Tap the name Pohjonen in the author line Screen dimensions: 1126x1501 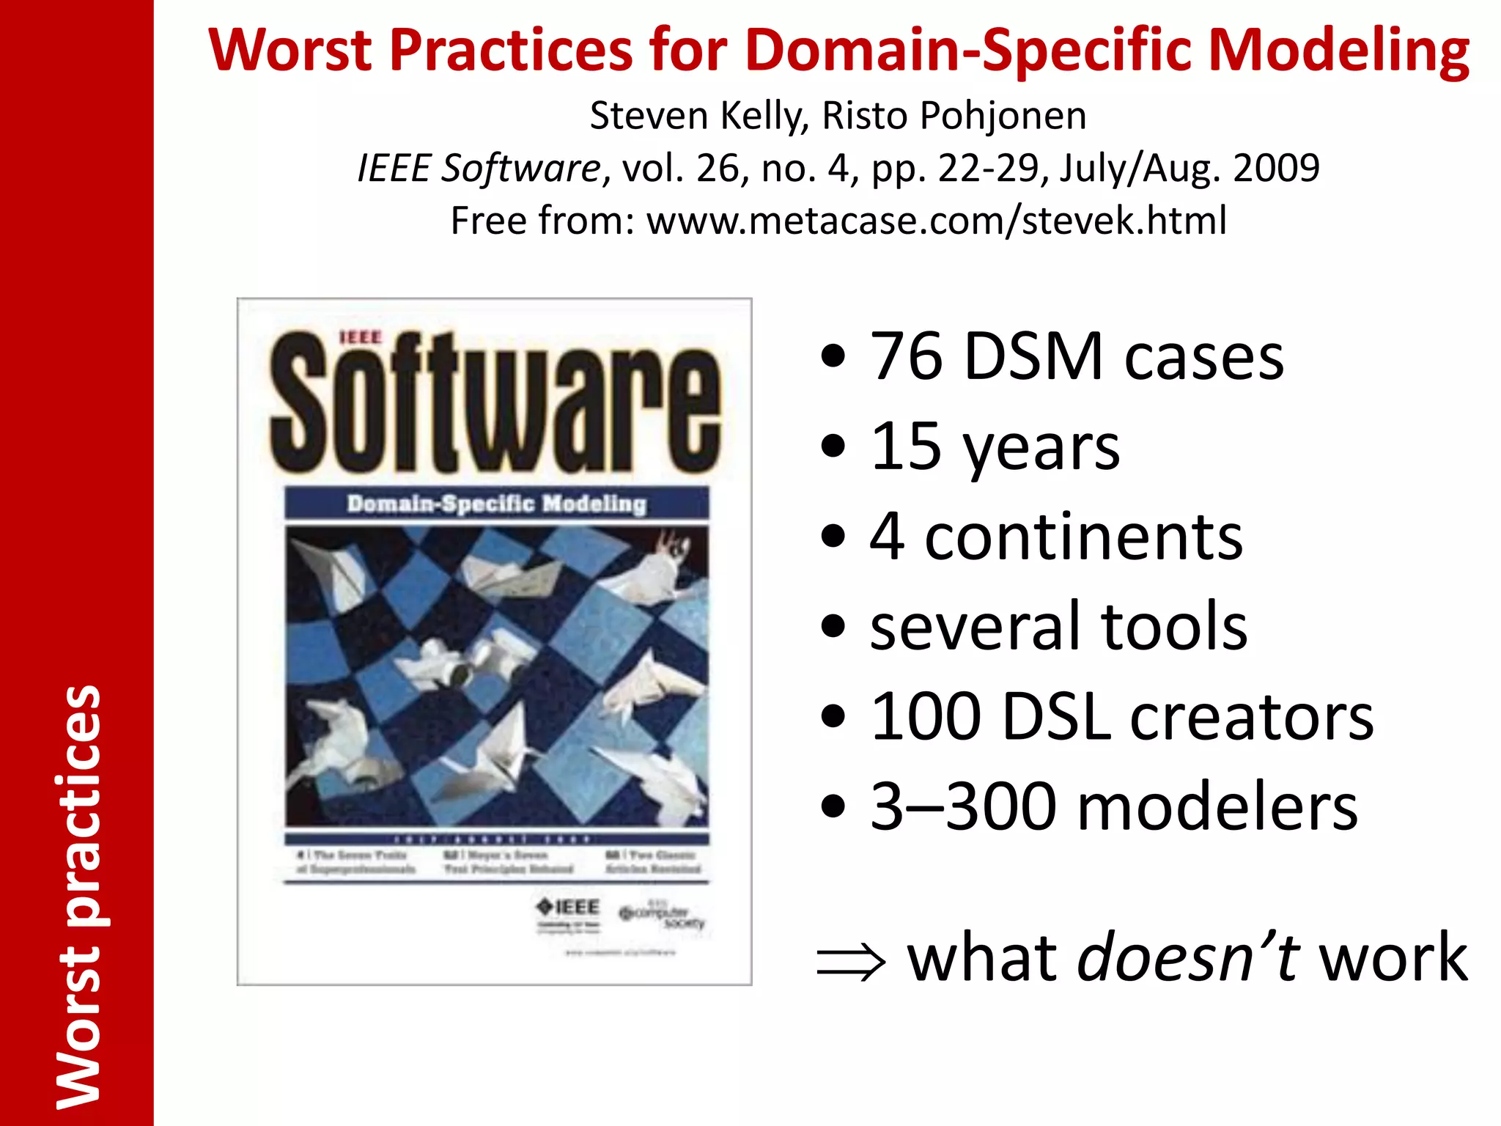pos(1003,116)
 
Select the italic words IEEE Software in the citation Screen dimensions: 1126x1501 pos(479,169)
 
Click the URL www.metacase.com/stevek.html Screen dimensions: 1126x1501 pos(937,221)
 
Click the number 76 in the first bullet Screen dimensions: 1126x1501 pos(906,356)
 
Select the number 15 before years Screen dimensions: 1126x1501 pos(906,446)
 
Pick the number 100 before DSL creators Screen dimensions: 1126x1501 pos(925,716)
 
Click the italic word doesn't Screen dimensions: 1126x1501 pos(1187,957)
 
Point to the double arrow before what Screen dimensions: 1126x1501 pos(851,961)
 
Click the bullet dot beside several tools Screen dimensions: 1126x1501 pos(833,628)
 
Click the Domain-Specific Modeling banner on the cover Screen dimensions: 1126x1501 pos(496,504)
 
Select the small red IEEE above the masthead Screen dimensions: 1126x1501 pos(361,337)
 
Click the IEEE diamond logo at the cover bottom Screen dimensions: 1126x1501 pos(568,907)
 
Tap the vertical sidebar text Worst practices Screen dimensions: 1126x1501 pos(78,896)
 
